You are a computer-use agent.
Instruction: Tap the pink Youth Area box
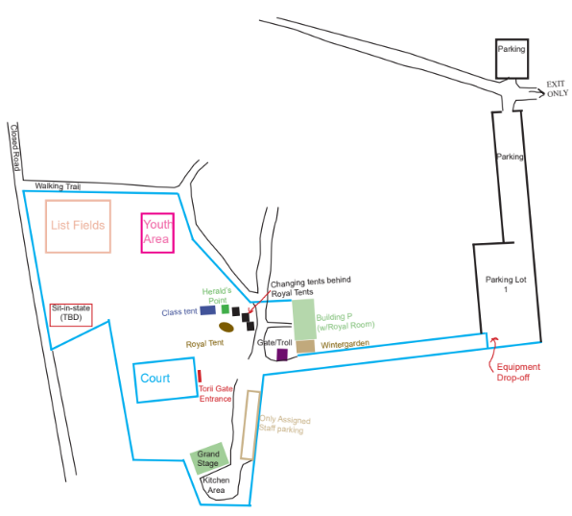click(142, 233)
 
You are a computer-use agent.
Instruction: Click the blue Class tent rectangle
click(207, 310)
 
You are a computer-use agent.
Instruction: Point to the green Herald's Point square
click(226, 309)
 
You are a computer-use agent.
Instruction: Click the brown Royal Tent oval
click(226, 327)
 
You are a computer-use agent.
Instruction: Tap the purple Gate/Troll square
click(282, 355)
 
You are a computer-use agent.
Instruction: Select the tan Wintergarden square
click(305, 347)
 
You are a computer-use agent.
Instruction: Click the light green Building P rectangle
click(303, 320)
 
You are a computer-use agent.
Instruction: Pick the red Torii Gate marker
click(200, 376)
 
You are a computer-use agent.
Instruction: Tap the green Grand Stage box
click(209, 458)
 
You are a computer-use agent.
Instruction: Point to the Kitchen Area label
click(216, 485)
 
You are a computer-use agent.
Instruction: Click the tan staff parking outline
click(242, 425)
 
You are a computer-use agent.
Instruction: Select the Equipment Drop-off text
click(518, 372)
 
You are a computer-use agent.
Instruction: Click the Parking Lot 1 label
click(506, 284)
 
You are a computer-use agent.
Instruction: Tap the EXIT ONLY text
click(557, 88)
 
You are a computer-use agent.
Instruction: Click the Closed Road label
click(14, 148)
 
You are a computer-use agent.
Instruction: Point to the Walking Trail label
click(58, 186)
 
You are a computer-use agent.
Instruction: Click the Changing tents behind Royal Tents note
click(310, 286)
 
